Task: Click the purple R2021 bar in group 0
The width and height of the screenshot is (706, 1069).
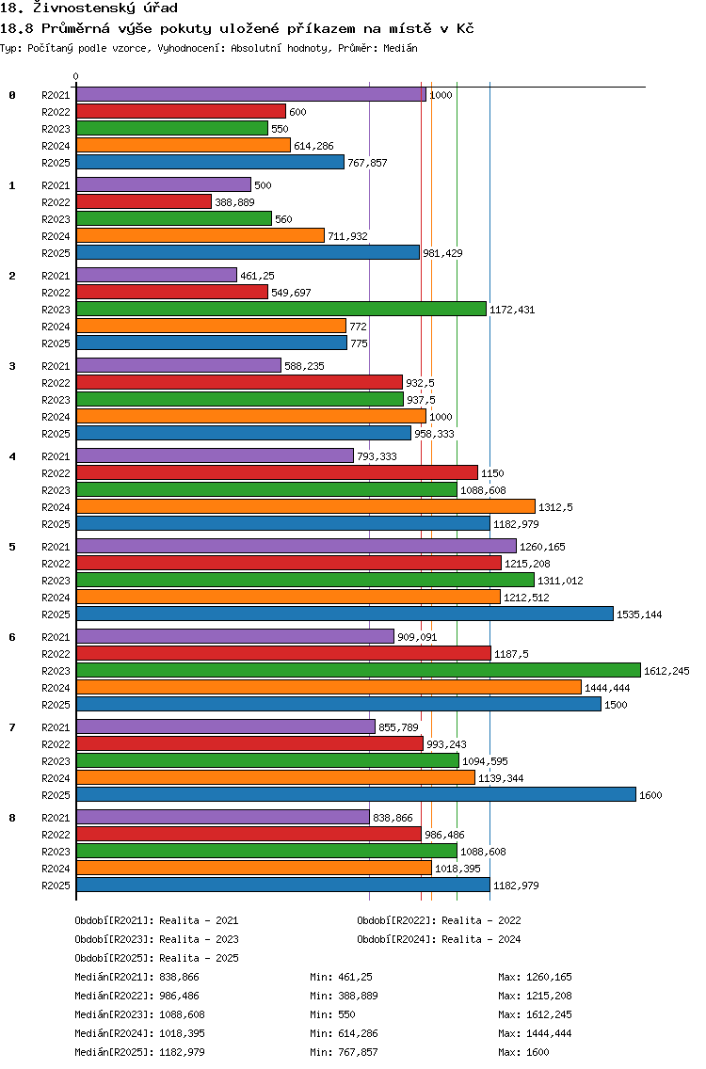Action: point(251,95)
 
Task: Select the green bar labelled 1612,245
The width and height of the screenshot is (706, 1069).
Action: point(359,671)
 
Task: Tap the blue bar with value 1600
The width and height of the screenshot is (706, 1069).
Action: point(356,795)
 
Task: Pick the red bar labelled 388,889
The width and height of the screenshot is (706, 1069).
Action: point(144,201)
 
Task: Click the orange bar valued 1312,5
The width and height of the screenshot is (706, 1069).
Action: point(306,506)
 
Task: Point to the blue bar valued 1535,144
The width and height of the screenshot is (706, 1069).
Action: point(345,614)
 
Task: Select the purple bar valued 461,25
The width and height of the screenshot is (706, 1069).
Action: point(157,276)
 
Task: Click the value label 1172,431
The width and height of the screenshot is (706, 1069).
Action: point(512,310)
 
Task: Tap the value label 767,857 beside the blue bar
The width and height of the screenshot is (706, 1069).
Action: point(367,163)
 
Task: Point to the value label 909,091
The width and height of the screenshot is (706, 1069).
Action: point(417,637)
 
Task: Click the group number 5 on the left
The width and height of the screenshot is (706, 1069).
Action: point(12,547)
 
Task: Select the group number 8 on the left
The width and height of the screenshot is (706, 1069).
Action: point(12,818)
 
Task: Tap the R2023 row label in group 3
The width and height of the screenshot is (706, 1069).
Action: point(56,400)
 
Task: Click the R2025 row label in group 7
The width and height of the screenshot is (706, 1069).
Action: point(56,795)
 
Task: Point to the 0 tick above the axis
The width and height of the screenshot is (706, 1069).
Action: point(75,76)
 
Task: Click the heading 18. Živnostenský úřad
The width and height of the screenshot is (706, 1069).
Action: point(88,8)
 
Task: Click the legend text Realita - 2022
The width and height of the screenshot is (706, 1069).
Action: point(481,920)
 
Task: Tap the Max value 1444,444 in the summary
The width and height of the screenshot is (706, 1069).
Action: point(549,1033)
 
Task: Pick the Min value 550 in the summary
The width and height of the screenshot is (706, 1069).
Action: point(346,1014)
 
